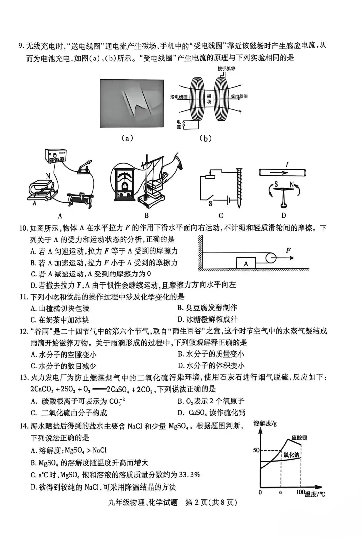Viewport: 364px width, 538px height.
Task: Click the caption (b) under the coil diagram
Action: [x=205, y=138]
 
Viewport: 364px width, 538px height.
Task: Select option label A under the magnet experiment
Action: [x=60, y=216]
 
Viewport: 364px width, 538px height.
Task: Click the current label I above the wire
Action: [x=286, y=164]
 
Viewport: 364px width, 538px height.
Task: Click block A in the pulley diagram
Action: [x=246, y=263]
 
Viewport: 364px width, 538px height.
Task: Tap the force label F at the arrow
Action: [x=289, y=250]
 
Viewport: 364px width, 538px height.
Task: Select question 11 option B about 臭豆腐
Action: [x=207, y=308]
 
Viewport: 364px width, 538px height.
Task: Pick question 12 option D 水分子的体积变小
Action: [x=211, y=366]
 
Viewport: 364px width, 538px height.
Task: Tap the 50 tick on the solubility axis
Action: [x=256, y=450]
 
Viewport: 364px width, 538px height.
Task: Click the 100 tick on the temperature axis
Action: [x=300, y=492]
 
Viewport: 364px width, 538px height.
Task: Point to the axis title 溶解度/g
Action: [x=265, y=423]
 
